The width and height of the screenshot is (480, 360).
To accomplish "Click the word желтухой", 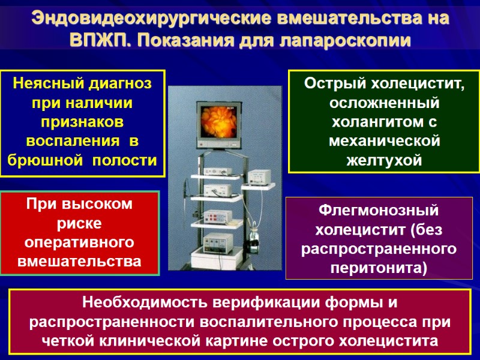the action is click(x=385, y=160).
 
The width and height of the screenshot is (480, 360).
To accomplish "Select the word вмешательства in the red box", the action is click(x=81, y=262).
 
